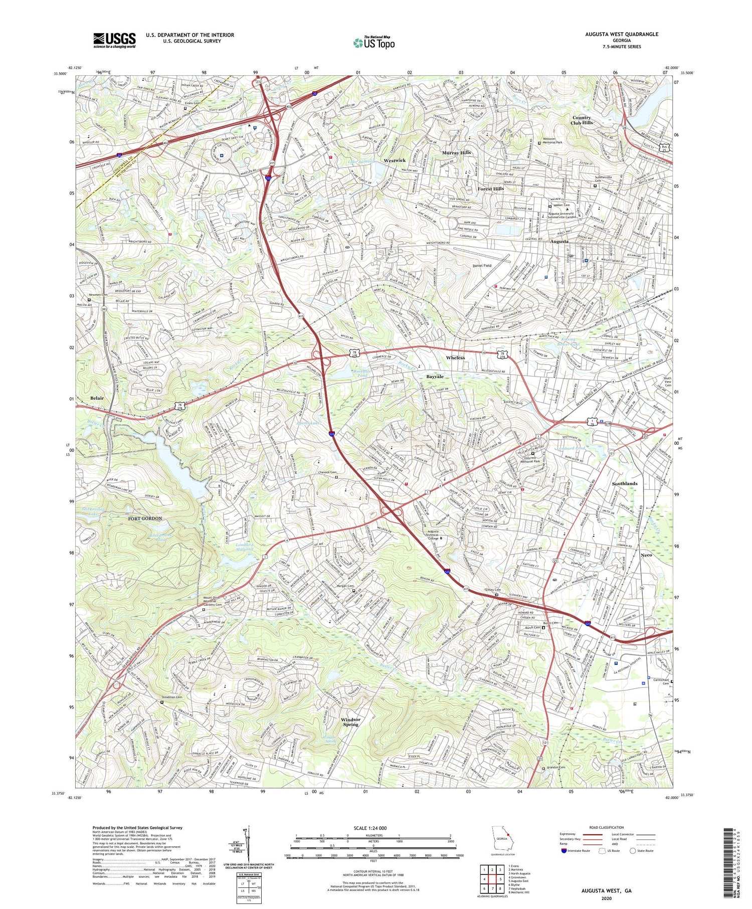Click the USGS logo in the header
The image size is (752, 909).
114,40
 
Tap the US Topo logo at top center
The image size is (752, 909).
373,43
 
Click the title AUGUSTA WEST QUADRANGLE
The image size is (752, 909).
621,34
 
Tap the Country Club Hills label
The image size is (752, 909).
582,120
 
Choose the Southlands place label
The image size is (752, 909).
624,483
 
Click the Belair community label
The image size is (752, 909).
97,398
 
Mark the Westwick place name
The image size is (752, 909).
394,160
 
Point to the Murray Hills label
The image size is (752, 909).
456,152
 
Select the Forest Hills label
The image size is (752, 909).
490,189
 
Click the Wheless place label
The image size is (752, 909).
455,357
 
